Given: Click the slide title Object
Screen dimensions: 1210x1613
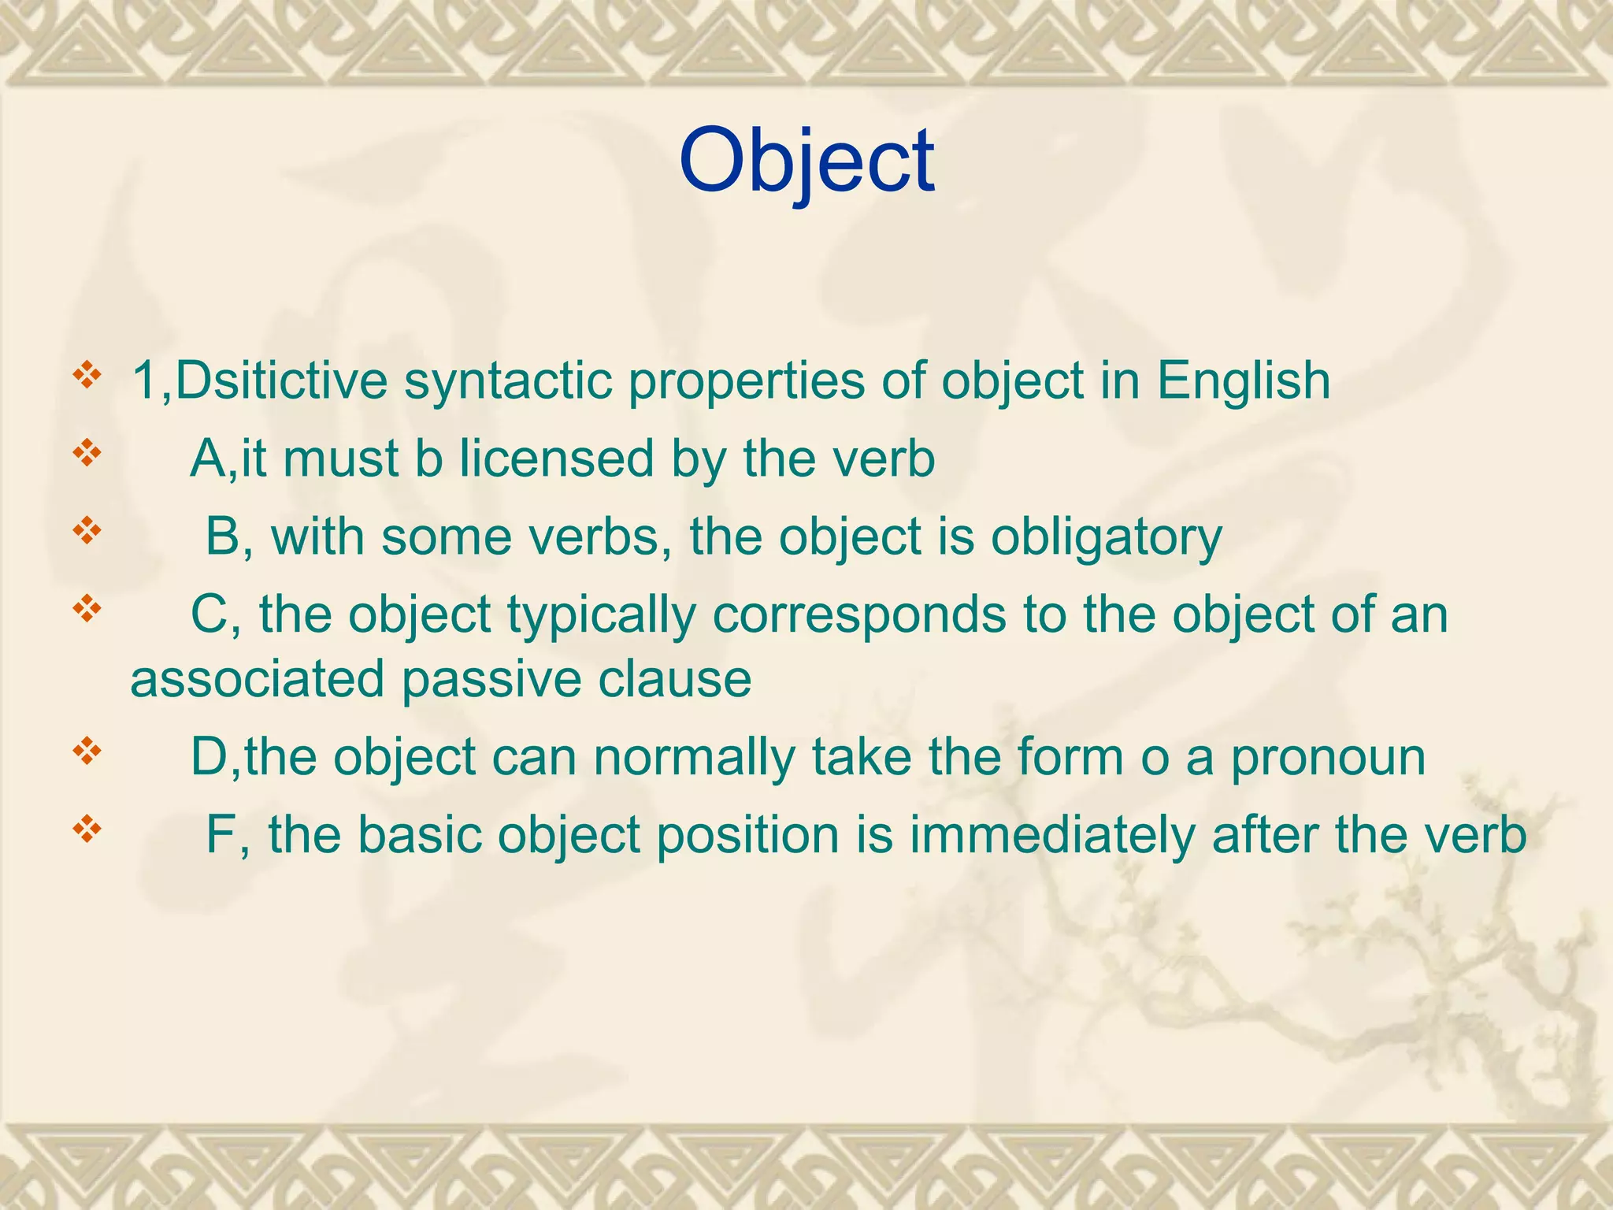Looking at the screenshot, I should click(806, 161).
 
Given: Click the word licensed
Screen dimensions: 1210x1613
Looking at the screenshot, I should click(556, 458).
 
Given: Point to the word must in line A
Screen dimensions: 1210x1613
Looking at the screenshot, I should click(340, 458).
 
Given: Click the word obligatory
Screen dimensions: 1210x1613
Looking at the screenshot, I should click(1106, 539).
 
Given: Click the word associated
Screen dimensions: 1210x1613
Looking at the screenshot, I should click(257, 679).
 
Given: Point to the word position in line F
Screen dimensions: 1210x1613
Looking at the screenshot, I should click(747, 837).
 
